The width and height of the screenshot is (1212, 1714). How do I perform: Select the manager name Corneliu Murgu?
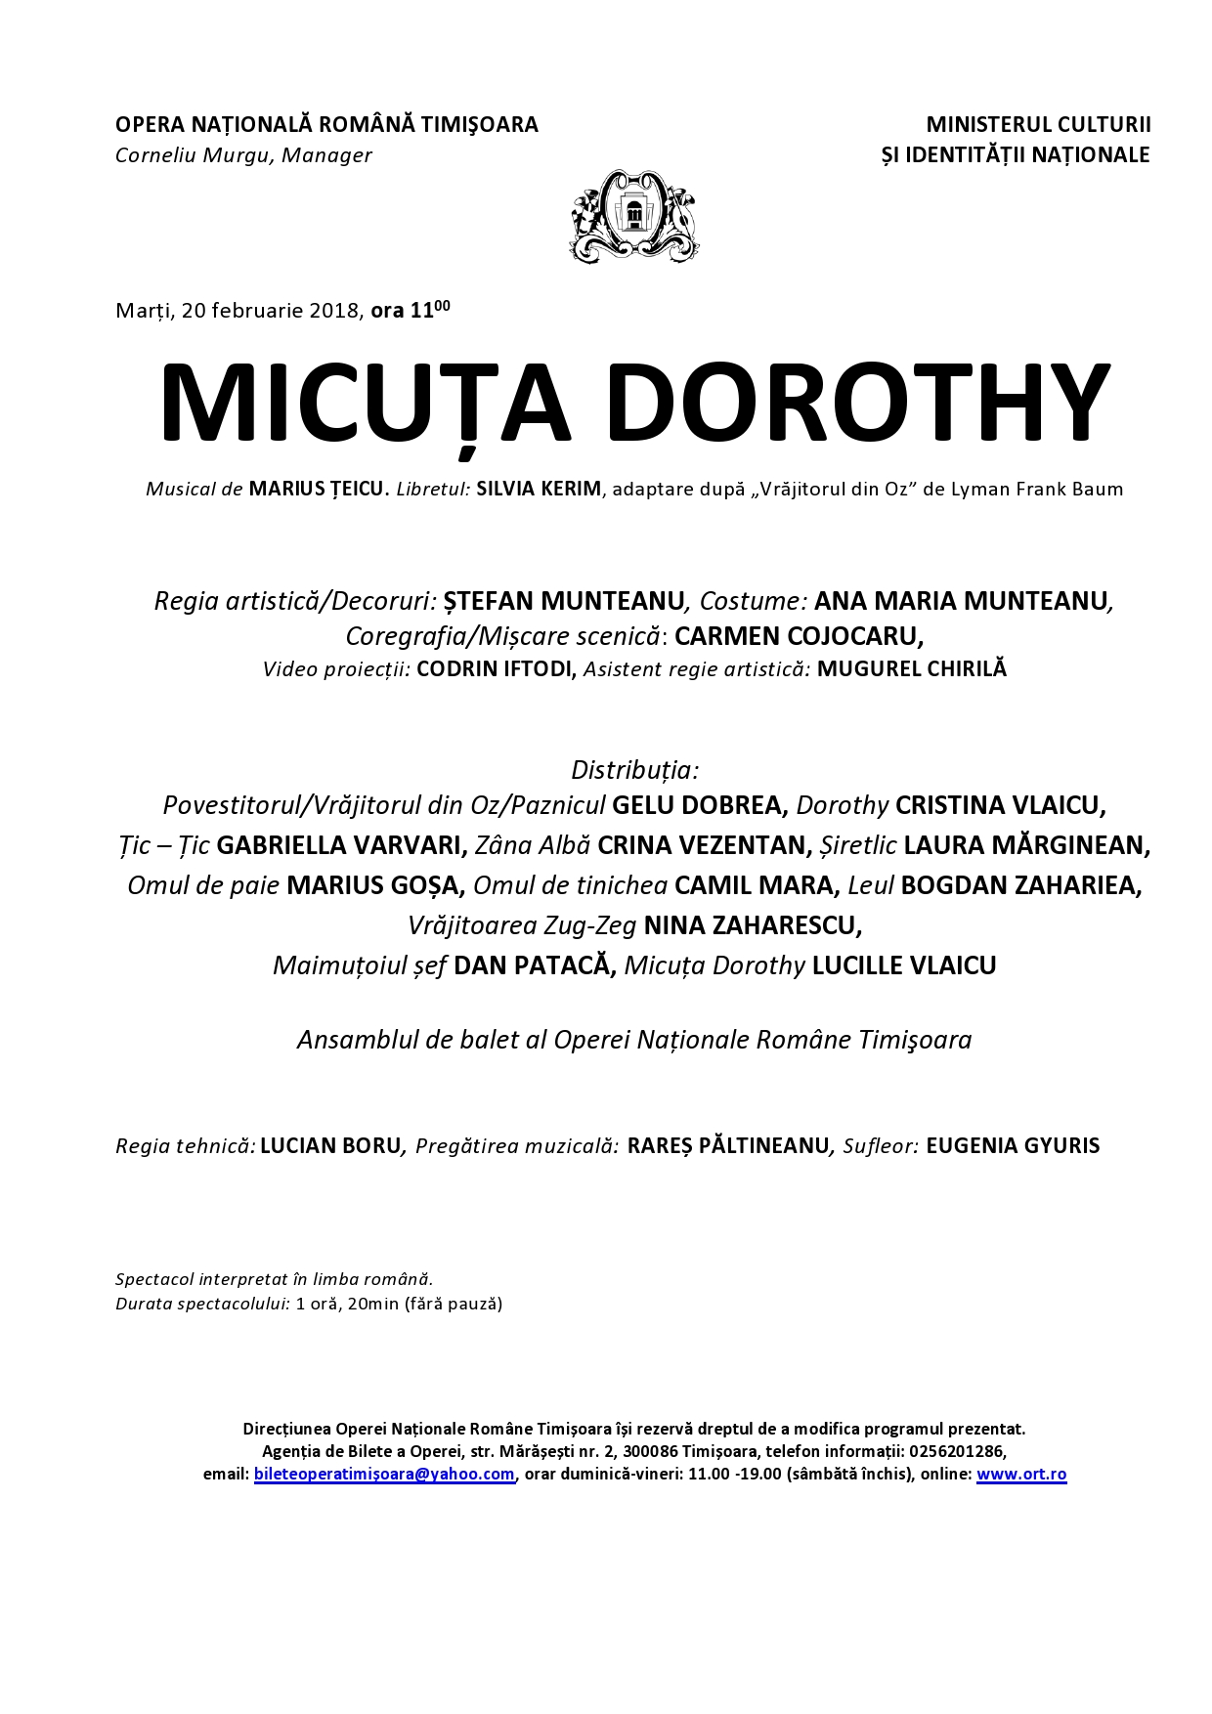[195, 155]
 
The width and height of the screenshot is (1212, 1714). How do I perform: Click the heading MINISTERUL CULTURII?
[1038, 125]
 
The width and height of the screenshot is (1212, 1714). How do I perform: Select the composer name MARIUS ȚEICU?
[319, 489]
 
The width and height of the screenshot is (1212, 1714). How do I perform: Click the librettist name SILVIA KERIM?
[539, 489]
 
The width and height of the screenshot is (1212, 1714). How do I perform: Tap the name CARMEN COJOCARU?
[798, 636]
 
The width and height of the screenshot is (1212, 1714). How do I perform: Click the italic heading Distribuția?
[634, 770]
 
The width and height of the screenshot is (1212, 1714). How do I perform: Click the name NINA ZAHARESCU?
[753, 924]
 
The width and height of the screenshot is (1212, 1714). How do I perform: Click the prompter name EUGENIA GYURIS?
[1012, 1145]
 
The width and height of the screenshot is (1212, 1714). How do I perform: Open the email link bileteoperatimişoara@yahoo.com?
[384, 1474]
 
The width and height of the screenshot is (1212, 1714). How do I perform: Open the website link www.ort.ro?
[1020, 1474]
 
